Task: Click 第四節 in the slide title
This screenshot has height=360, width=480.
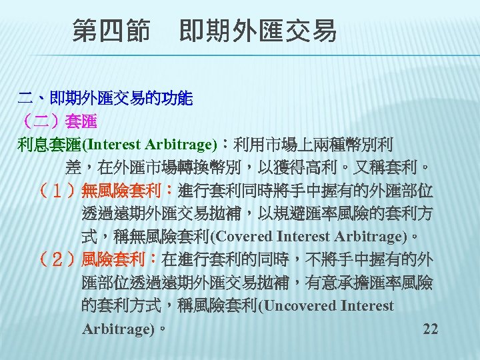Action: [x=111, y=31]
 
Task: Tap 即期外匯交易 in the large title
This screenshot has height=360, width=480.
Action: [x=258, y=31]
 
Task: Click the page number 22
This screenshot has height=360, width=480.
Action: [x=431, y=329]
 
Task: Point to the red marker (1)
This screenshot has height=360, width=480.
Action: [x=58, y=192]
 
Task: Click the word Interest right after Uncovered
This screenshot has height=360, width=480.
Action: [x=367, y=306]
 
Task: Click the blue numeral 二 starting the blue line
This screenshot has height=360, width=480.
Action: [x=25, y=99]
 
